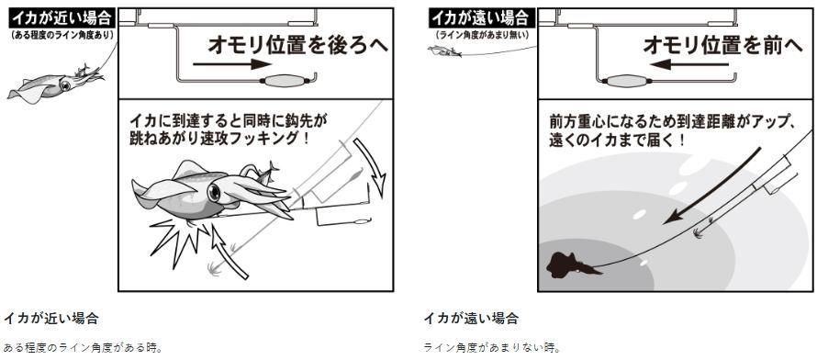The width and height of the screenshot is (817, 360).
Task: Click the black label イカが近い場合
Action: tap(62, 19)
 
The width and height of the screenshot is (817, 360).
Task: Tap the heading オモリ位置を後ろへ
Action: tap(298, 45)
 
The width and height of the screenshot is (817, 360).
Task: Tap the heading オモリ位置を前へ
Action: tap(722, 45)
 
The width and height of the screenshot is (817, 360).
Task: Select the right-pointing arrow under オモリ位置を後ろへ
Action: tap(232, 64)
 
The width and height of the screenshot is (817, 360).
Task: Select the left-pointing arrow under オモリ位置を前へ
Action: tap(689, 64)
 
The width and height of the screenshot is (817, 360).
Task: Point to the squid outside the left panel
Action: tap(55, 84)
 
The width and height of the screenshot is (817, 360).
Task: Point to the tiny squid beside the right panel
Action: tap(445, 51)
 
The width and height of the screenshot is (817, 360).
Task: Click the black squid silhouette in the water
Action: tap(572, 265)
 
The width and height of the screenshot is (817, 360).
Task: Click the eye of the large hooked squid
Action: tap(214, 193)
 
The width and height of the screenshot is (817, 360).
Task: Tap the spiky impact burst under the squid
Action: tap(180, 238)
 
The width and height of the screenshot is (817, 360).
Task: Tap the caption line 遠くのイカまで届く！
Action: tap(617, 141)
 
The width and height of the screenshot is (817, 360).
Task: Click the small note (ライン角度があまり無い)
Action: tap(482, 36)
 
